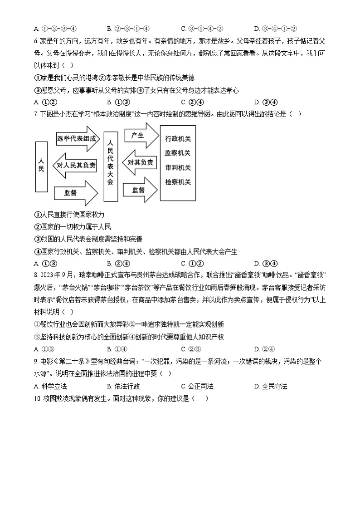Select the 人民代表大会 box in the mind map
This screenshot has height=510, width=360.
tap(110, 166)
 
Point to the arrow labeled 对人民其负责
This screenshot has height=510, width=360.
tap(75, 166)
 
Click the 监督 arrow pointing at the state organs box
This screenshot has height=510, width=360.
tap(141, 191)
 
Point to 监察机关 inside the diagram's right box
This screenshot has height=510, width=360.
tap(178, 153)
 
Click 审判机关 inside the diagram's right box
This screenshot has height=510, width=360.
tap(178, 167)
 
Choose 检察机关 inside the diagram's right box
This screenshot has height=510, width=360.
tap(178, 182)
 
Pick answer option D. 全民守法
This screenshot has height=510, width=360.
tap(271, 387)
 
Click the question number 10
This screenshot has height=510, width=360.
tap(37, 399)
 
